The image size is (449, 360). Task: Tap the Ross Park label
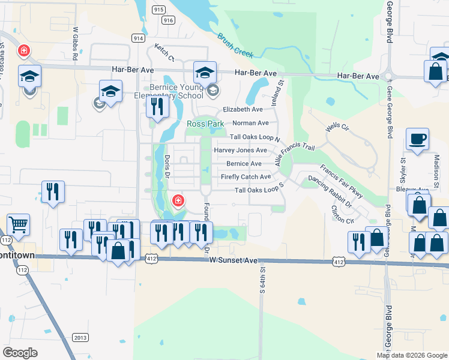pyautogui.click(x=205, y=124)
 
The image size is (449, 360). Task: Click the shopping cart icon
pyautogui.click(x=19, y=225)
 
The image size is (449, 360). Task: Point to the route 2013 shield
pyautogui.click(x=80, y=337)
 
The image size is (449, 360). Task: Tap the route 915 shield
pyautogui.click(x=158, y=10)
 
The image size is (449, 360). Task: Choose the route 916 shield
pyautogui.click(x=168, y=20)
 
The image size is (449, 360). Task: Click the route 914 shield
pyautogui.click(x=139, y=37)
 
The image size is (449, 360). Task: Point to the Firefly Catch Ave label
pyautogui.click(x=246, y=177)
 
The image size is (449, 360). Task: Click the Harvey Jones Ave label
pyautogui.click(x=240, y=150)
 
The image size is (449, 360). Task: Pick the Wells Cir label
pyautogui.click(x=337, y=128)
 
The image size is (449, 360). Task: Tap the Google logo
pyautogui.click(x=20, y=352)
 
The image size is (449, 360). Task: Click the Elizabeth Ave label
pyautogui.click(x=243, y=110)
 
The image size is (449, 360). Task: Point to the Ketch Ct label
pyautogui.click(x=164, y=53)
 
